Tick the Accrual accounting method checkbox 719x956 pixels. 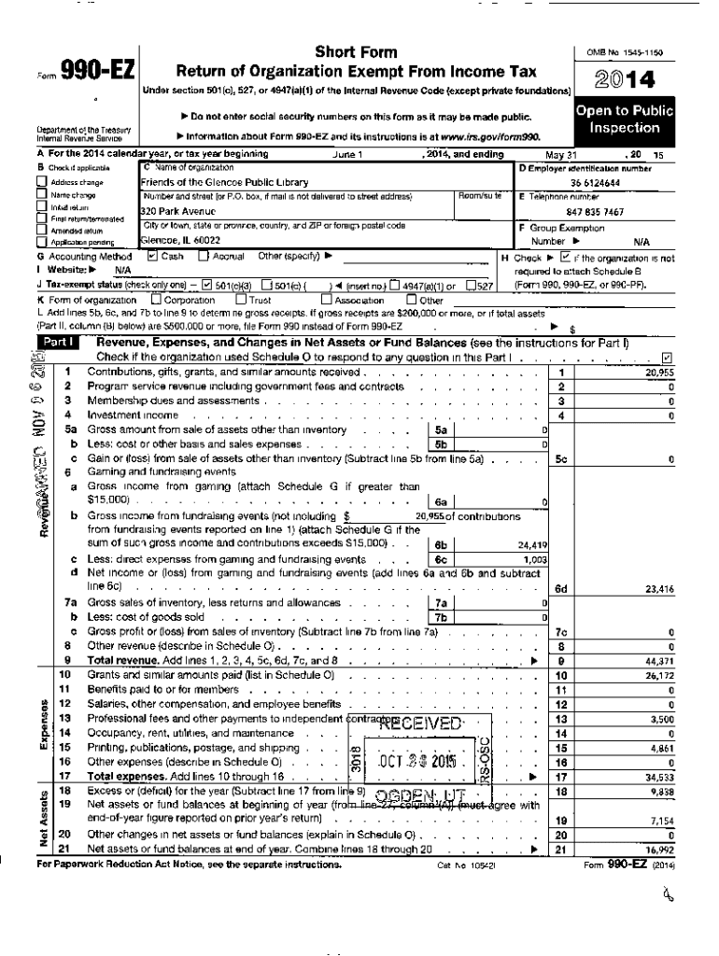coord(203,255)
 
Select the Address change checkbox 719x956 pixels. coord(42,183)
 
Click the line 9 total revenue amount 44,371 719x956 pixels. coord(659,660)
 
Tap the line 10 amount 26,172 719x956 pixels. coord(659,674)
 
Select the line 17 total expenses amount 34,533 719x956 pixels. coord(659,776)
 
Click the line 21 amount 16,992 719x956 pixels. coord(659,850)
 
